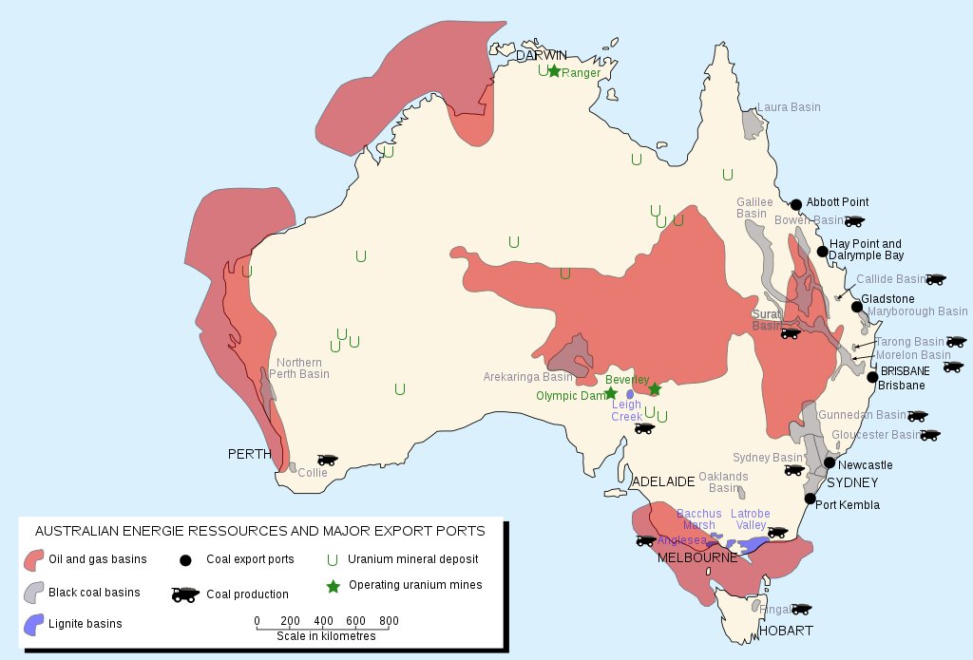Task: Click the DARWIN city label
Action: click(x=541, y=55)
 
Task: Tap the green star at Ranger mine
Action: click(x=554, y=71)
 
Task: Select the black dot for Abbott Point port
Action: click(x=795, y=204)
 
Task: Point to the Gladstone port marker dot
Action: click(x=857, y=306)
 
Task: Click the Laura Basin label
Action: click(x=788, y=107)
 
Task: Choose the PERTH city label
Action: click(x=250, y=454)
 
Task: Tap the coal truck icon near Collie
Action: click(x=328, y=460)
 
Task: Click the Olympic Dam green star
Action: click(x=611, y=393)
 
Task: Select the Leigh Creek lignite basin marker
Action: click(x=630, y=394)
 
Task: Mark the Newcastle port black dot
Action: click(x=830, y=462)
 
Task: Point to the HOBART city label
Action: click(x=785, y=631)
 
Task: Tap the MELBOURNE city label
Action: click(x=697, y=557)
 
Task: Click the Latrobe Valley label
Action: click(x=750, y=519)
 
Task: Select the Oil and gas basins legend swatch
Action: click(x=35, y=559)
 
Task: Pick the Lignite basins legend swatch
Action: click(x=33, y=624)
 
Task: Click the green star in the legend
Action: click(x=333, y=586)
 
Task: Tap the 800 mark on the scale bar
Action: click(x=388, y=621)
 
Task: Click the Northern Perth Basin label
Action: click(x=299, y=368)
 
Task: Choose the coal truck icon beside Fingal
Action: click(x=801, y=609)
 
